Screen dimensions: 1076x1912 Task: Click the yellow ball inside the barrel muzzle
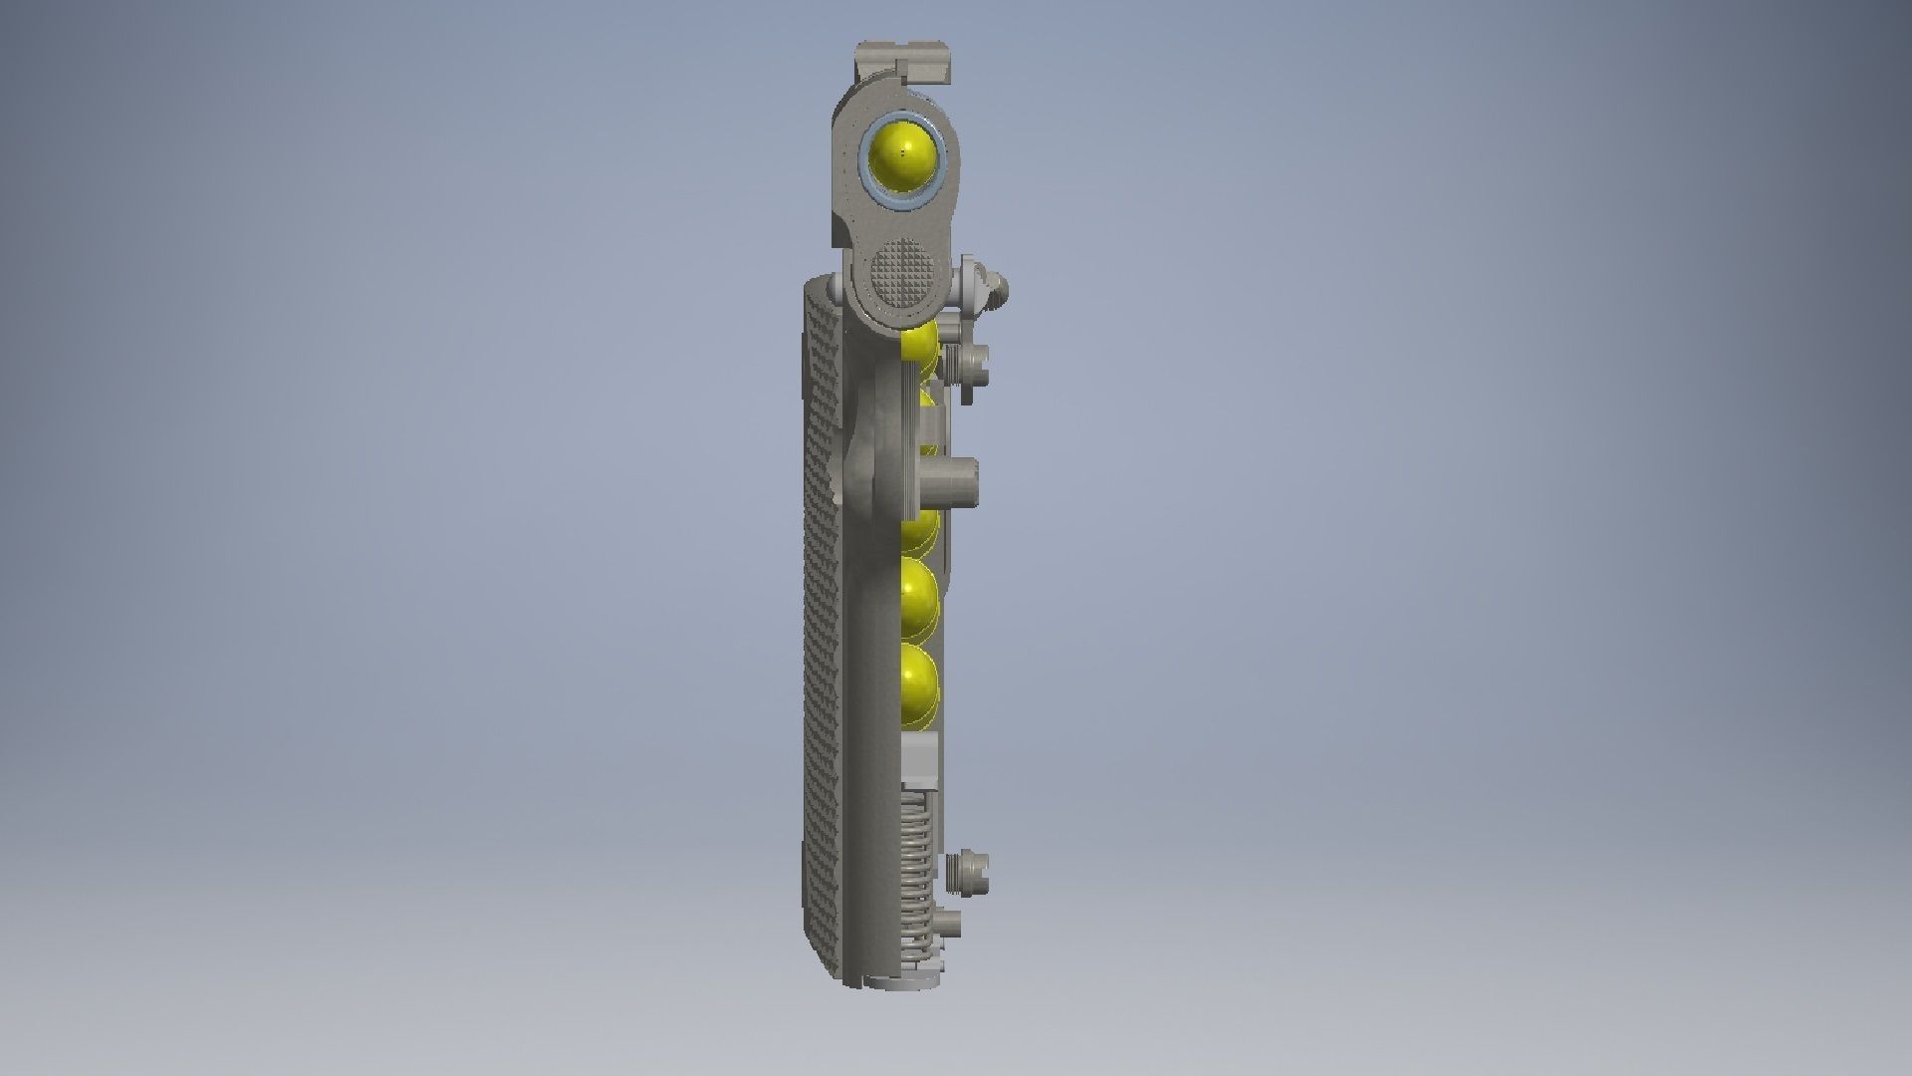point(902,157)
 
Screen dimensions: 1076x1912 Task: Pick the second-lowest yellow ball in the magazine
point(918,599)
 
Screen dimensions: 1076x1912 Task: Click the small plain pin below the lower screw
point(950,926)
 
